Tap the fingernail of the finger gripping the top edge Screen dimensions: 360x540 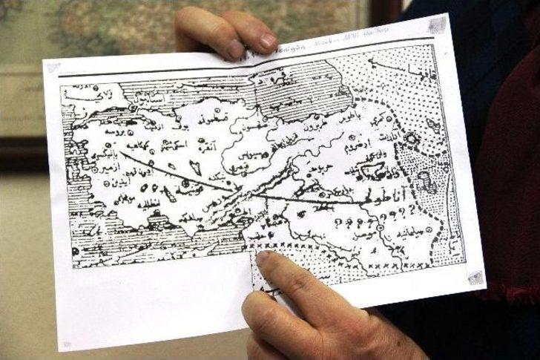(x=258, y=42)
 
